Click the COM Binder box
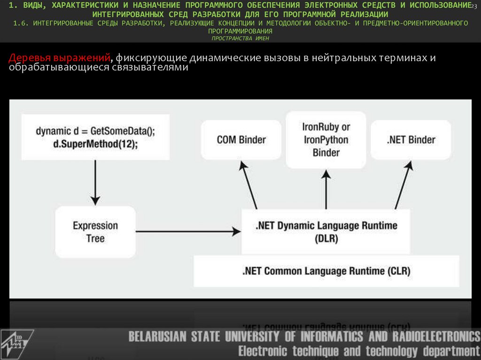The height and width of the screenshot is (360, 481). pos(241,140)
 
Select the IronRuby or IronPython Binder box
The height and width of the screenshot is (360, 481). pos(326,140)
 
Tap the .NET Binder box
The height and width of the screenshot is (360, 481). pos(411,140)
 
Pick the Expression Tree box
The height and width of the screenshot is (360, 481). pos(95,232)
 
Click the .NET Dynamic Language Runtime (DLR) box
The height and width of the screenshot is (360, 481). pos(326,232)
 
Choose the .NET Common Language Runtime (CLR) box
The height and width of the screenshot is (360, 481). pos(326,271)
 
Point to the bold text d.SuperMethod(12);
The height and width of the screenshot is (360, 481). pos(94,144)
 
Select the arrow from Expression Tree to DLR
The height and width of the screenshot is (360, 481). pos(188,231)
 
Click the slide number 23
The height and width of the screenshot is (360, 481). pos(474,5)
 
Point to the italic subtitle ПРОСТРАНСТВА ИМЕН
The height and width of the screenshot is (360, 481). pos(240,38)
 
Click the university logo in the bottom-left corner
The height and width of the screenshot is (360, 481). pos(17,343)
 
